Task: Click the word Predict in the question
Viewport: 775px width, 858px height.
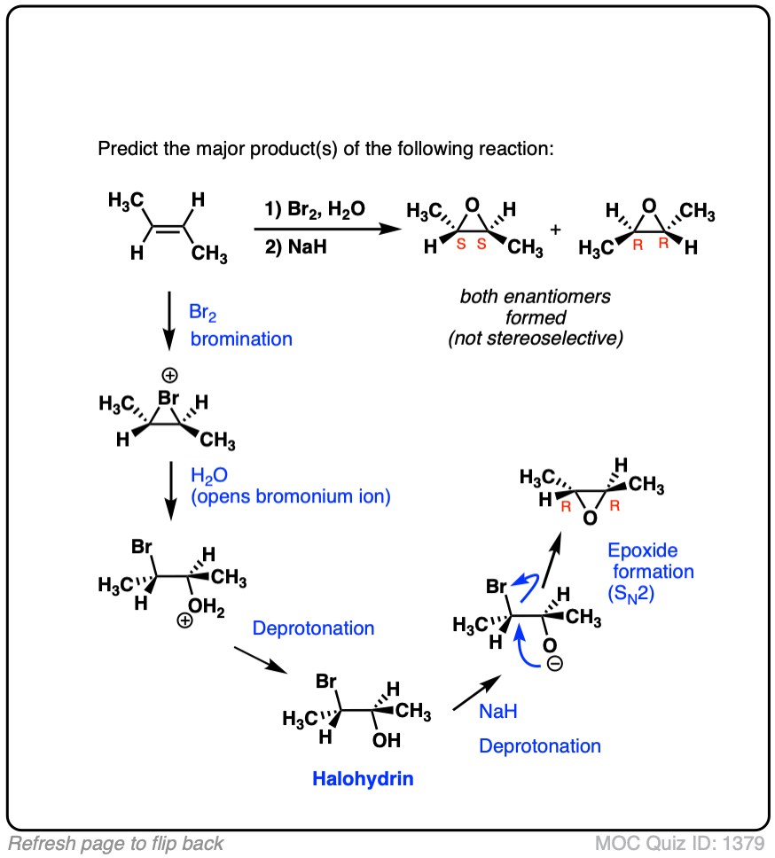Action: point(126,148)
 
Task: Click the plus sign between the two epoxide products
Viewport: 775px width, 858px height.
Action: point(556,230)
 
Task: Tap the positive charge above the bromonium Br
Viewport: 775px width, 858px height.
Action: point(168,376)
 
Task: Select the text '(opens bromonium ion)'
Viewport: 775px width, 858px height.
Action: point(290,496)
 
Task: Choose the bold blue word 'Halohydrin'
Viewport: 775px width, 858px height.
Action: point(363,780)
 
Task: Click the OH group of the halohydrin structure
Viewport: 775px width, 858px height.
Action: point(387,739)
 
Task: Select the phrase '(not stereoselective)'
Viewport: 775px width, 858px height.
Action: point(535,338)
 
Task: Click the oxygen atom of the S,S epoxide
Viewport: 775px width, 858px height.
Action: point(476,206)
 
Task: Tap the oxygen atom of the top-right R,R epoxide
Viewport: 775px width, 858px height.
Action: point(650,206)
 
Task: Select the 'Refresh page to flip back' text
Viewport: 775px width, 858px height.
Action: point(116,843)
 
